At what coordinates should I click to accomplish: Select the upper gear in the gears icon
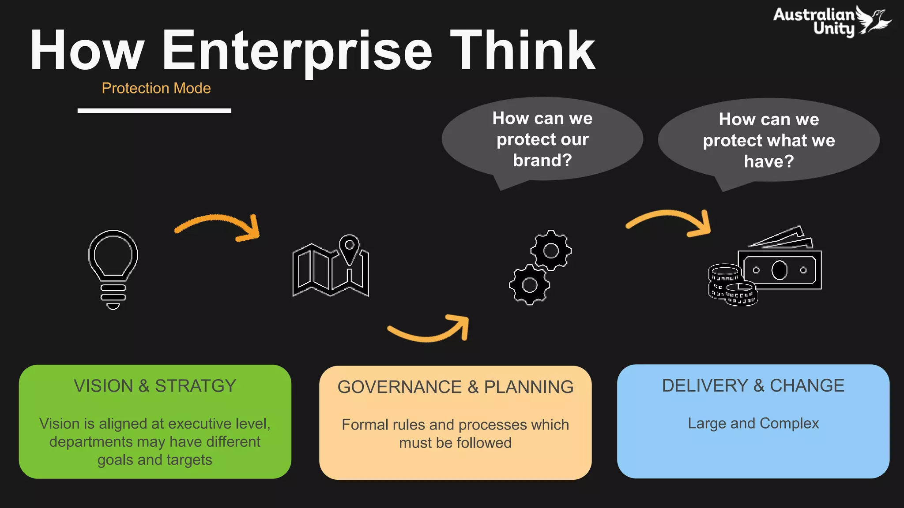[551, 250]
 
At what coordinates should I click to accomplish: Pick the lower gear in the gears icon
[529, 285]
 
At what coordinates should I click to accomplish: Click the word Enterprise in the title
[297, 50]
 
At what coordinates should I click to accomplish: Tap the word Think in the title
[523, 50]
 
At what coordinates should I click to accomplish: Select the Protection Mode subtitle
[156, 88]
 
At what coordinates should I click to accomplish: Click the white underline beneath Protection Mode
[154, 111]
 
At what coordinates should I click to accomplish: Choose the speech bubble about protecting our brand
[542, 139]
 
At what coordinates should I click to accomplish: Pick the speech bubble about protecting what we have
[768, 140]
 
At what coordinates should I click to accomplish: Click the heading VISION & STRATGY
[155, 386]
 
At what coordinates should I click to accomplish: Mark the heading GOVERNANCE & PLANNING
[455, 387]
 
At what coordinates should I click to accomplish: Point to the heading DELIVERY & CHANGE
[753, 386]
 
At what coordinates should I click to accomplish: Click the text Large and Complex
[753, 423]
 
